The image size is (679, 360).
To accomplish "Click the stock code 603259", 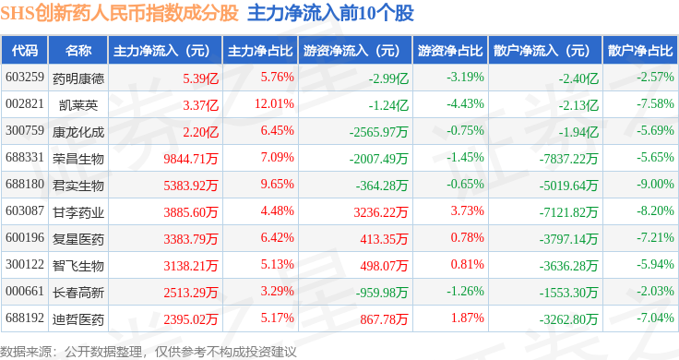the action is pos(25,78).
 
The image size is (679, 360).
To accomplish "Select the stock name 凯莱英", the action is pos(78,105).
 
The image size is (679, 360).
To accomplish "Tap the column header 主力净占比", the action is pos(260,51).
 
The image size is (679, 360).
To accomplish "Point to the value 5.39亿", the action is pos(200,78).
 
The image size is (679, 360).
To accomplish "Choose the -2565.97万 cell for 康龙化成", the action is pos(379,132).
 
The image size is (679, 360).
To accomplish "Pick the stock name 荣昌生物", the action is pos(78,159).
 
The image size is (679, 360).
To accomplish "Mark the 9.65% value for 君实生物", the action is pos(277,184).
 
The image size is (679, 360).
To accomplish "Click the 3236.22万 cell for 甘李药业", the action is pos(381,211).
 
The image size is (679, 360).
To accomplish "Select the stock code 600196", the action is pos(25,238).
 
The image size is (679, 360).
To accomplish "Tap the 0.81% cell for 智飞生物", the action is pos(467,264).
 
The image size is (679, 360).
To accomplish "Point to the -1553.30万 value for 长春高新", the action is pos(568,293).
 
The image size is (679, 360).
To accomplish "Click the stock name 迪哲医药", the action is pos(78,319).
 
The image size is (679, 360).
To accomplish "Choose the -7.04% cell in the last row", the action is pos(655,318).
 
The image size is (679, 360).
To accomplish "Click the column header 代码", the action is pos(25,51).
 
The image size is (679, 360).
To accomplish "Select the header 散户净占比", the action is pos(640,51).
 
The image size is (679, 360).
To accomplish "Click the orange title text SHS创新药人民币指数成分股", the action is pos(120,14).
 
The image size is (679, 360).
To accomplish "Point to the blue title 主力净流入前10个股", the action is pos(330,14).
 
